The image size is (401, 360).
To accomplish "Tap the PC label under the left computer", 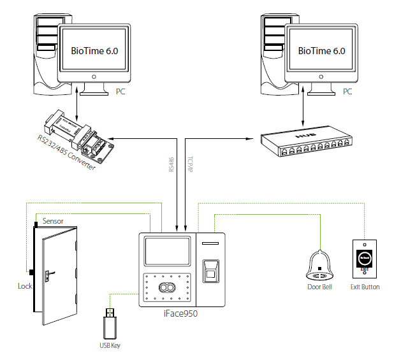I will click(x=121, y=92).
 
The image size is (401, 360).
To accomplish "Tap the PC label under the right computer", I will click(x=347, y=92).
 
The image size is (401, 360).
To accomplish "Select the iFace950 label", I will click(x=182, y=313).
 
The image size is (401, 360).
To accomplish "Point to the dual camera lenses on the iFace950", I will click(x=168, y=288).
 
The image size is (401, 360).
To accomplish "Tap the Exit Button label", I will click(x=365, y=287).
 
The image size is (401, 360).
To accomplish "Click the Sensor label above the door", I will click(x=53, y=222).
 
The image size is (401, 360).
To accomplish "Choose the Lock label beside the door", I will click(x=25, y=287).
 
